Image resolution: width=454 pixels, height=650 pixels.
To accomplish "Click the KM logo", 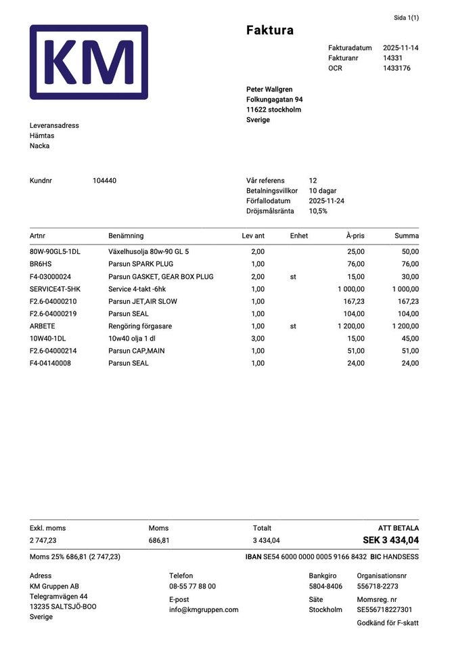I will point(89,62).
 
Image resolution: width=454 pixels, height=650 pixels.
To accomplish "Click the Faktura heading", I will point(269,30).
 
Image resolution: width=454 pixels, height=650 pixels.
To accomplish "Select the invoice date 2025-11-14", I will point(401,48).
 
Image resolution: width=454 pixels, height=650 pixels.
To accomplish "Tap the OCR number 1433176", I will point(396,68).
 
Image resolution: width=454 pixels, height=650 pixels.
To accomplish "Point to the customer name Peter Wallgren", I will point(270,89).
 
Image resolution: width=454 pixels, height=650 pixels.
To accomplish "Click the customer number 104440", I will point(104,181).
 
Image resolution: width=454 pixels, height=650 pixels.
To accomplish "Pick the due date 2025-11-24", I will point(326,201).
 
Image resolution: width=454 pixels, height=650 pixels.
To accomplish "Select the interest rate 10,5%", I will point(318,211).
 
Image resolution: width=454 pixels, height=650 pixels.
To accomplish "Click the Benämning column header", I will point(126,236).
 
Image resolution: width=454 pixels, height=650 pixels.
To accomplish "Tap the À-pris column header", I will point(355,236).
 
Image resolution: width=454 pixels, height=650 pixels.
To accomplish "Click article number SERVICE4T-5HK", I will point(55,289).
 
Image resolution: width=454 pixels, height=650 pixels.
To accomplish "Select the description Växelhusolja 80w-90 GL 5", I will point(148,252).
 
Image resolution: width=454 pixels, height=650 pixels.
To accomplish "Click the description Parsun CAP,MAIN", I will point(136,351).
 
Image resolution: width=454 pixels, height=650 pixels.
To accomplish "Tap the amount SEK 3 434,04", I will point(390,540).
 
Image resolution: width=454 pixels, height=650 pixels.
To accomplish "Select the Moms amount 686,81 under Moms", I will point(159,541).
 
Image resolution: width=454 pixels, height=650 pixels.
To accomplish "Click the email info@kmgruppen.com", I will point(204,609).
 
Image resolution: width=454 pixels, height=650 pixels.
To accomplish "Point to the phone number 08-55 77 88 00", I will point(192,586).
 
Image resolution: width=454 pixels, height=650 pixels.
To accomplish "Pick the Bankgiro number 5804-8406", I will point(325,586).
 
